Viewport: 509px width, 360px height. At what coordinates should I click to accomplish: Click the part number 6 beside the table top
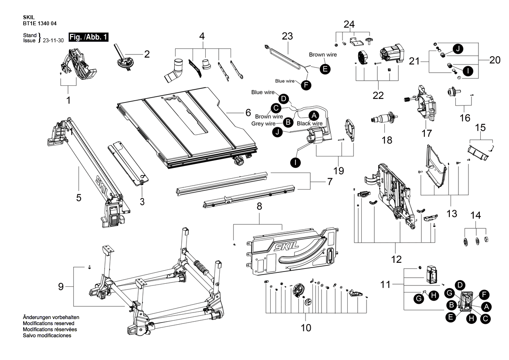point(248,112)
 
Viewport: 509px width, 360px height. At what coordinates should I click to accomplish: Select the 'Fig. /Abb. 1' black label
point(88,37)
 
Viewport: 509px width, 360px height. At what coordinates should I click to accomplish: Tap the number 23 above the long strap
point(287,36)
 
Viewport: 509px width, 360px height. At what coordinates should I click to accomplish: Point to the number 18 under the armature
point(387,140)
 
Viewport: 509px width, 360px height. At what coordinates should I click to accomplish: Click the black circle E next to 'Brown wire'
point(325,69)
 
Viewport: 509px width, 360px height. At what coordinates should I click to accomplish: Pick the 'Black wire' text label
point(310,123)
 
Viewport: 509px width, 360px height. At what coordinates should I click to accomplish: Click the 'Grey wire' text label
point(263,124)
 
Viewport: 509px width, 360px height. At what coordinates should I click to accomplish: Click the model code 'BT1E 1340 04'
point(40,24)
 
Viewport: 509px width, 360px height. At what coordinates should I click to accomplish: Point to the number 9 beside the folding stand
point(61,287)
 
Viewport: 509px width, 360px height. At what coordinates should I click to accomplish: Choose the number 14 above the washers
point(475,215)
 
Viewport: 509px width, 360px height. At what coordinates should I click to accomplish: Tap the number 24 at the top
point(349,24)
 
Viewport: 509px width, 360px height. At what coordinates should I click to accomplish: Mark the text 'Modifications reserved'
point(49,323)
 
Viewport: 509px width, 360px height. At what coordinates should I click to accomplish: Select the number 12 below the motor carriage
point(397,259)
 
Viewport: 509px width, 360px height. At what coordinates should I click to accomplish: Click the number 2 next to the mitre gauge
point(147,54)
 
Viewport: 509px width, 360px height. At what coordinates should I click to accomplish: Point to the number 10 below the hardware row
point(306,328)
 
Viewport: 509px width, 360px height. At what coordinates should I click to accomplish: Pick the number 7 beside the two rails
point(330,181)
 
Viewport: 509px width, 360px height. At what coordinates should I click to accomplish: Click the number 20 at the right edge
point(495,60)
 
